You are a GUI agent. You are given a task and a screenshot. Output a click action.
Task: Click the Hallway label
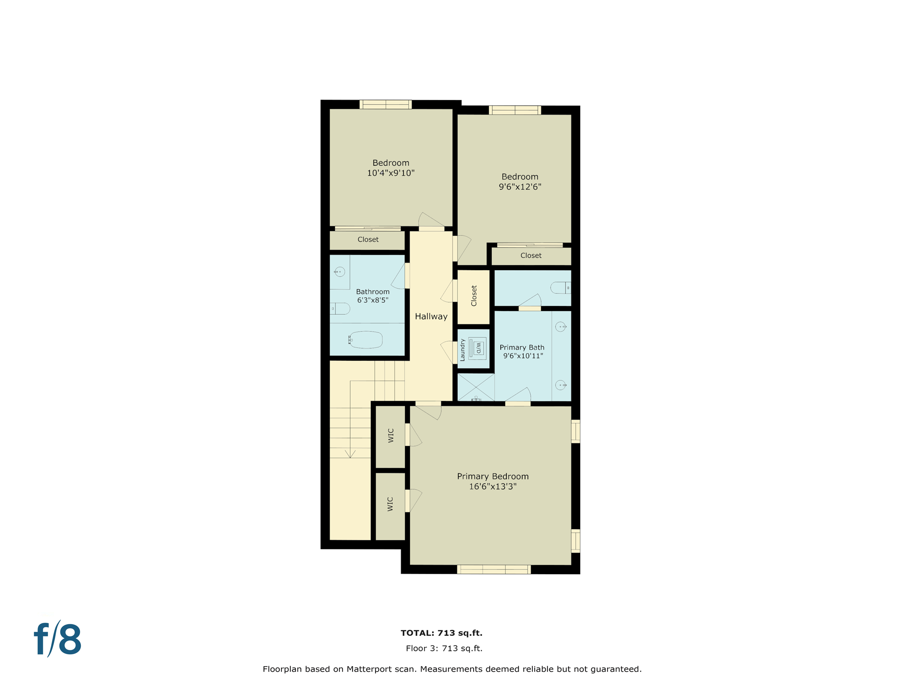coord(431,317)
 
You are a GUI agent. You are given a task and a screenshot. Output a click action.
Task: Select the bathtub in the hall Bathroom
coord(366,339)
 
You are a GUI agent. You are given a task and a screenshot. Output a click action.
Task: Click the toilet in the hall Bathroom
coord(341,308)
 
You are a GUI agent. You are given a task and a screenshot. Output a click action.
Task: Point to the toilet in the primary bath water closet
coord(560,288)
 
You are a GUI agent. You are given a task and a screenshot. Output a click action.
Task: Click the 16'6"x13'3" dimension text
coord(492,487)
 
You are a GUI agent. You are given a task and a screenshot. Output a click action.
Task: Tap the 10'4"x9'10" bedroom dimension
coord(391,173)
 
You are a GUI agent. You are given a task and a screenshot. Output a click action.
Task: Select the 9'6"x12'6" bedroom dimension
coord(520,187)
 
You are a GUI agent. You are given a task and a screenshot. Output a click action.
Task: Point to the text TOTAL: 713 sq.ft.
coord(441,633)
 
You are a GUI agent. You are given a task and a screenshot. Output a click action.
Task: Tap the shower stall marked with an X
coord(475,387)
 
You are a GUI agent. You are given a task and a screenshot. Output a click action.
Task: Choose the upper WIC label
coord(391,435)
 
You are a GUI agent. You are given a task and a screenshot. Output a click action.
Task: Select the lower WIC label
coord(390,504)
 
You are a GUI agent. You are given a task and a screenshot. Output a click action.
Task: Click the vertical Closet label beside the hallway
coord(474,296)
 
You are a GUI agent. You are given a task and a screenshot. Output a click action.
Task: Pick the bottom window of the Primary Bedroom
coord(494,569)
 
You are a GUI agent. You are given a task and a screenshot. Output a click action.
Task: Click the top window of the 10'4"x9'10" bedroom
coord(385,104)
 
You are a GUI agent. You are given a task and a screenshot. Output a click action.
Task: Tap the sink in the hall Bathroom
coord(339,271)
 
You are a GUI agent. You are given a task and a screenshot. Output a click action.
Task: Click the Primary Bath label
coord(522,347)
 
